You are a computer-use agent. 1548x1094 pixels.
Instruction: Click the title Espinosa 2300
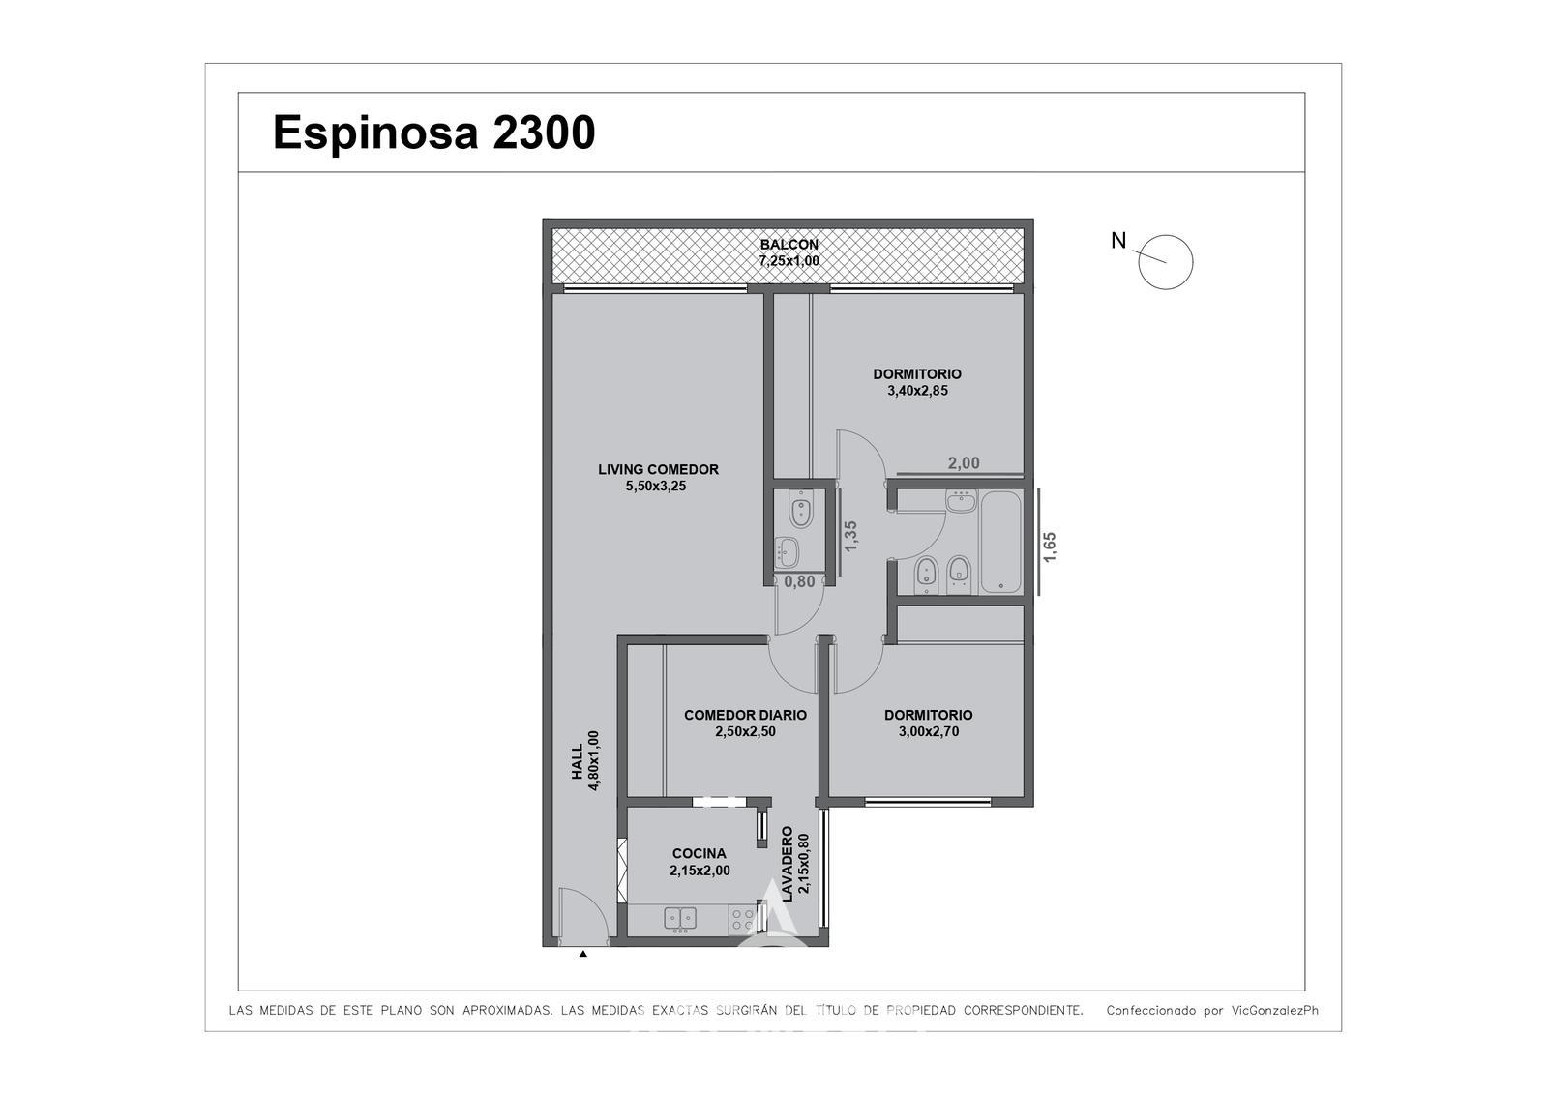click(434, 132)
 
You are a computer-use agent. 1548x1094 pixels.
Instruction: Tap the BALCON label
click(789, 244)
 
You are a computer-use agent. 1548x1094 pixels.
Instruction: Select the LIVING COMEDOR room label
click(658, 469)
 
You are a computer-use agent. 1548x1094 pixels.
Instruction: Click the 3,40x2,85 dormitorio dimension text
click(917, 391)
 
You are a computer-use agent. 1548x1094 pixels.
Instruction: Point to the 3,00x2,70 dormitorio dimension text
click(928, 732)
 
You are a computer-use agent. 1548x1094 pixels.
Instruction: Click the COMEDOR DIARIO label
click(745, 715)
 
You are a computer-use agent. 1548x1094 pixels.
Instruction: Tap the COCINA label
click(700, 853)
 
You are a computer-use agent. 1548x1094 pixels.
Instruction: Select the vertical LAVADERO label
click(788, 863)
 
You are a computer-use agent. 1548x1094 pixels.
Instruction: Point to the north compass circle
click(1165, 262)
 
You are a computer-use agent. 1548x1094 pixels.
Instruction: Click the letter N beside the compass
click(1118, 241)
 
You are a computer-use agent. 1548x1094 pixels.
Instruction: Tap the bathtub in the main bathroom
click(1000, 542)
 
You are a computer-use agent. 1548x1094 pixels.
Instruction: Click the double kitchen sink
click(680, 918)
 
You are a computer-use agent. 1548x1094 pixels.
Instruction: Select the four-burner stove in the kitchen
click(743, 919)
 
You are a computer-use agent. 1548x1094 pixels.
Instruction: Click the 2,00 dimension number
click(964, 463)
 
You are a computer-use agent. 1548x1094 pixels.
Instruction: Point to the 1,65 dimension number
click(1049, 547)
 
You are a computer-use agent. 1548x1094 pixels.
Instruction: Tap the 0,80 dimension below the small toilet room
click(799, 582)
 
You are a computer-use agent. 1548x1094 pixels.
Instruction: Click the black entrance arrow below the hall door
click(583, 954)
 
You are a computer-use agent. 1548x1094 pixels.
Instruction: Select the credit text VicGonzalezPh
click(1275, 1011)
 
